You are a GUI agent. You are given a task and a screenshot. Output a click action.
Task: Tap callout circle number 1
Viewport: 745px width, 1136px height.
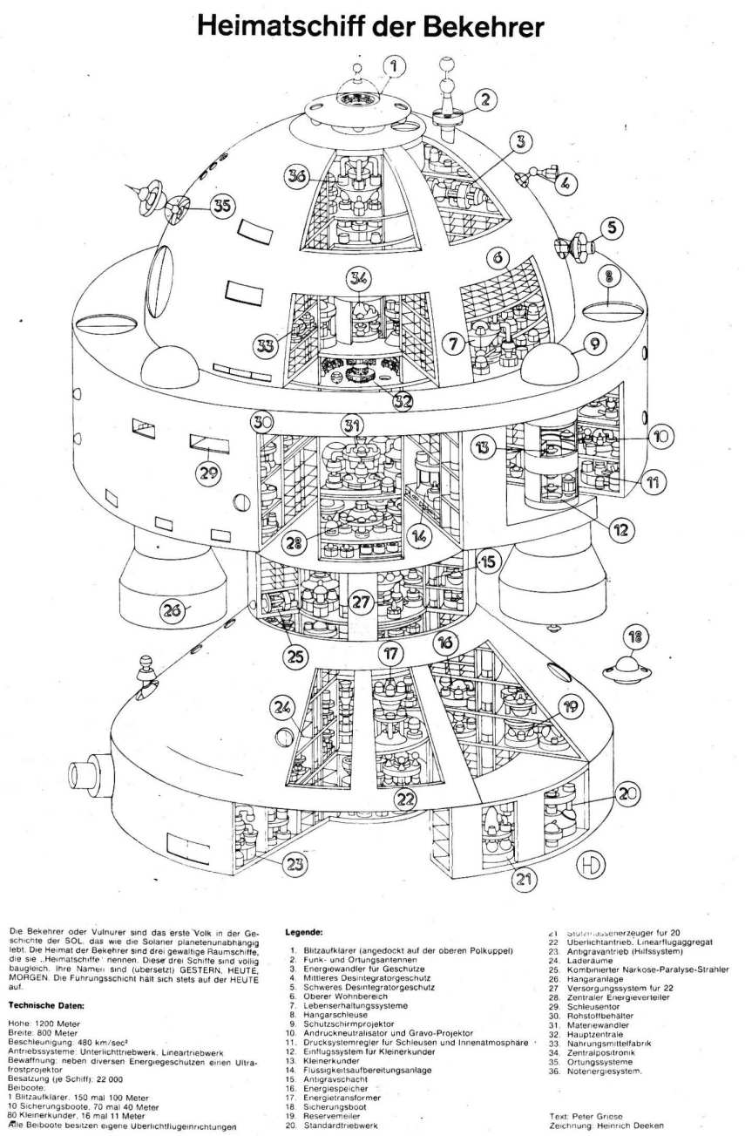click(x=393, y=65)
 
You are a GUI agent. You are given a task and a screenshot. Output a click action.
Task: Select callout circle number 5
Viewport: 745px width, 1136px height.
click(x=613, y=228)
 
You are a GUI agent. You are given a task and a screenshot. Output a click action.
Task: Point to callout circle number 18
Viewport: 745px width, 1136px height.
click(x=638, y=636)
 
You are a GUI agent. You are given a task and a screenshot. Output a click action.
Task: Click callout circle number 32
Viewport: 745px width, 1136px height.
click(x=402, y=400)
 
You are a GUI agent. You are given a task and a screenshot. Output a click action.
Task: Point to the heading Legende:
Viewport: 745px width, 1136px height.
click(x=305, y=932)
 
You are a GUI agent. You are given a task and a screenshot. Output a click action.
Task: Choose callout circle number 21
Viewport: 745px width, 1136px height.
click(x=522, y=880)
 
